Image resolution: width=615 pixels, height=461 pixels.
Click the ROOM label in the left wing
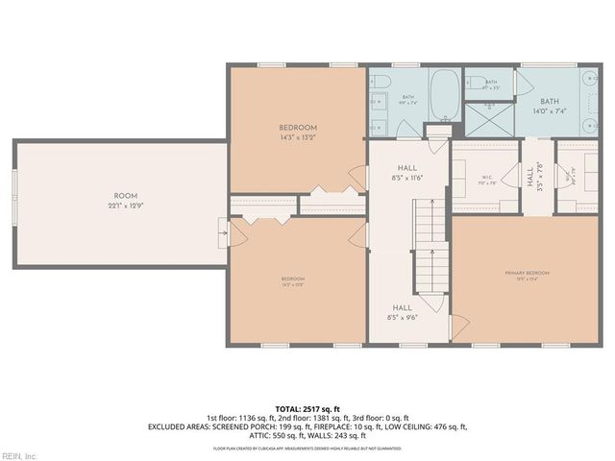click(120, 195)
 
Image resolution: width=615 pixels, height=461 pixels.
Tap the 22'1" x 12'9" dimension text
click(120, 206)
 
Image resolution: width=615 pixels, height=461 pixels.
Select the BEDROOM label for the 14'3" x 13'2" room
click(298, 128)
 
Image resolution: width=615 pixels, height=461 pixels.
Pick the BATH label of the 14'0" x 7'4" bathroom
click(549, 101)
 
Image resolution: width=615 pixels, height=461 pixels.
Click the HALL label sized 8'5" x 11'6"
click(408, 167)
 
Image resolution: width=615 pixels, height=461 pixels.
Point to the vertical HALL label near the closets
click(529, 176)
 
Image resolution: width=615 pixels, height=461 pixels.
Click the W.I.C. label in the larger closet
click(486, 176)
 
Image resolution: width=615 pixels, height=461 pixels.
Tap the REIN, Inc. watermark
click(18, 454)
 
